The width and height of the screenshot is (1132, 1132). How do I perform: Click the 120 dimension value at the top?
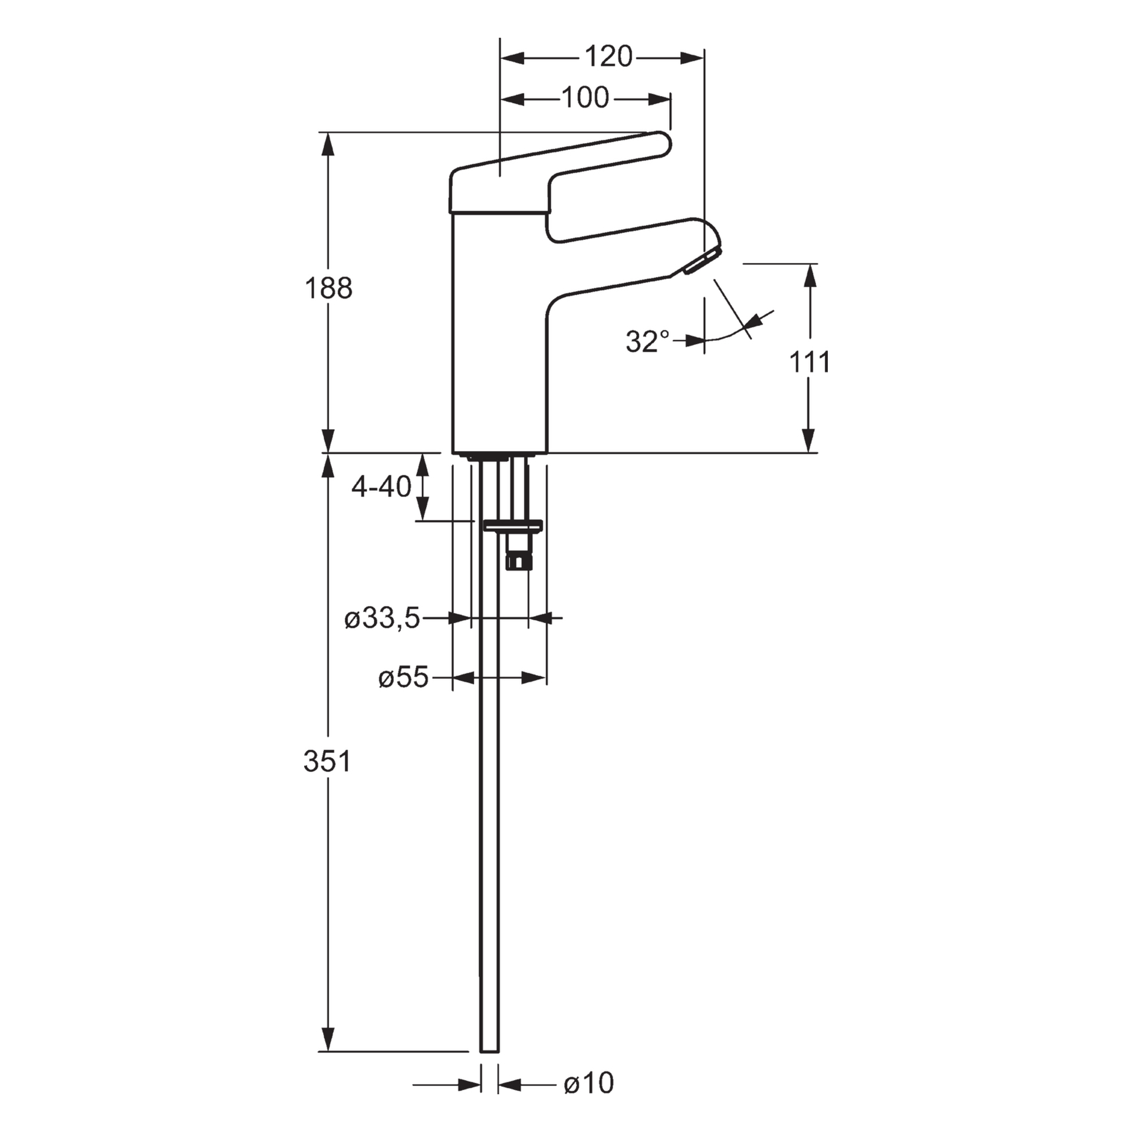pos(608,57)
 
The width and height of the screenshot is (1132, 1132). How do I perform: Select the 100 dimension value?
pos(584,98)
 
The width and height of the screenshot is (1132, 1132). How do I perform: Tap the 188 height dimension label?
pos(328,288)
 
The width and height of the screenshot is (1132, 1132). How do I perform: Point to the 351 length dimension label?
pos(328,761)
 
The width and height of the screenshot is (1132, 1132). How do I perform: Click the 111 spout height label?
pos(809,362)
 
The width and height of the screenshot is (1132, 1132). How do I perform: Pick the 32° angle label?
pos(647,341)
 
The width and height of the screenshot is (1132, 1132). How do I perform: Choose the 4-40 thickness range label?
pos(381,487)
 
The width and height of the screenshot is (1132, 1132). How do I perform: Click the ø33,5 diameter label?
pos(382,619)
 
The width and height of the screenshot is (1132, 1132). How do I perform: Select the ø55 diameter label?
pos(403,678)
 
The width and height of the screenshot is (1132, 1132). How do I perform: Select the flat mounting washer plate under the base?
pos(512,525)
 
